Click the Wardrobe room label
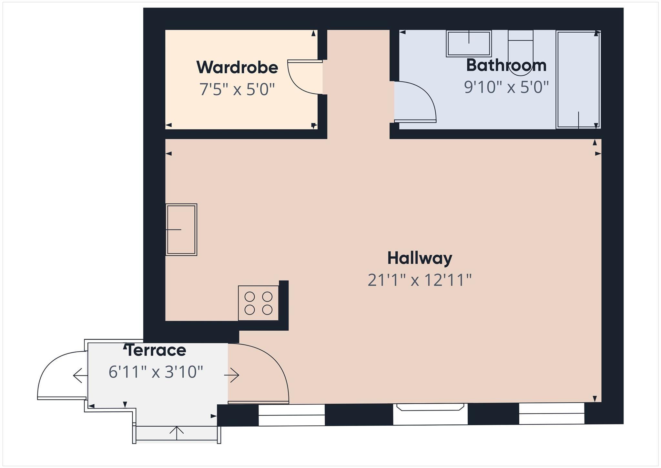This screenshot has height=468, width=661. [237, 67]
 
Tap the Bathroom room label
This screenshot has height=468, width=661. [506, 65]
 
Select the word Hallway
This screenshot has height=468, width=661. [420, 258]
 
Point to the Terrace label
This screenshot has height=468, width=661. [156, 350]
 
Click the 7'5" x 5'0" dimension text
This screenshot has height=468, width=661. [237, 90]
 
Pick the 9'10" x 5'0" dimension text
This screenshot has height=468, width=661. [506, 87]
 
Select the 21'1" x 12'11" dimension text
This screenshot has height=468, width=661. [420, 280]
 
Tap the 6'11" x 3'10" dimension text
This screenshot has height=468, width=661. [156, 372]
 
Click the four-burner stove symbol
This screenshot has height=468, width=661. [258, 303]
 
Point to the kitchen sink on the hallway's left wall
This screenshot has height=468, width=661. [181, 229]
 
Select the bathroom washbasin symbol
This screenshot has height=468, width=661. [469, 44]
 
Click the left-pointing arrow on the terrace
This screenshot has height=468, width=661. [80, 376]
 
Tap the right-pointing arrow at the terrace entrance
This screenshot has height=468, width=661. [232, 375]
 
